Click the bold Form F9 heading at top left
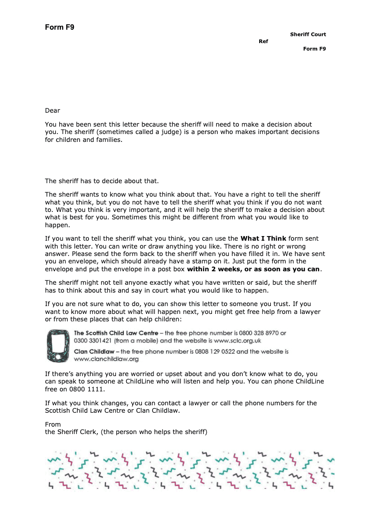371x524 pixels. click(x=59, y=27)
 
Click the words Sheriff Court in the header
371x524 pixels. click(x=308, y=34)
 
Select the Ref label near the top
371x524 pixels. click(x=263, y=42)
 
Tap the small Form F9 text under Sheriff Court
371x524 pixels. click(x=314, y=49)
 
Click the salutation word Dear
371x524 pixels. click(x=52, y=110)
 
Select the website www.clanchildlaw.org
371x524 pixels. click(x=106, y=359)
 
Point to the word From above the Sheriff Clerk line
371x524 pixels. click(x=53, y=424)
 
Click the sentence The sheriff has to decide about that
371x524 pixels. click(x=102, y=181)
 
